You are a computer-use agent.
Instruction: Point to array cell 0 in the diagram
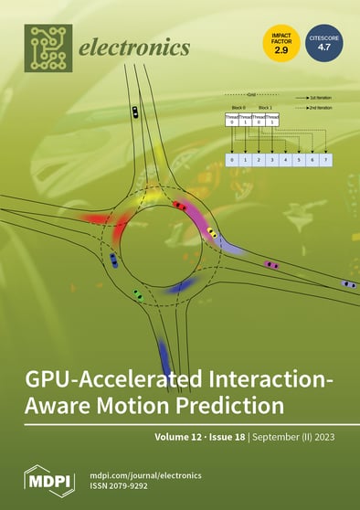(233, 160)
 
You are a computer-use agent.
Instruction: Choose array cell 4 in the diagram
(285, 160)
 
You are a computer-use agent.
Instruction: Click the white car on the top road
(135, 112)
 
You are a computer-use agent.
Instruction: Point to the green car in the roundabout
(138, 294)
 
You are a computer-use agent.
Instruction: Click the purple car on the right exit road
(270, 265)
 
